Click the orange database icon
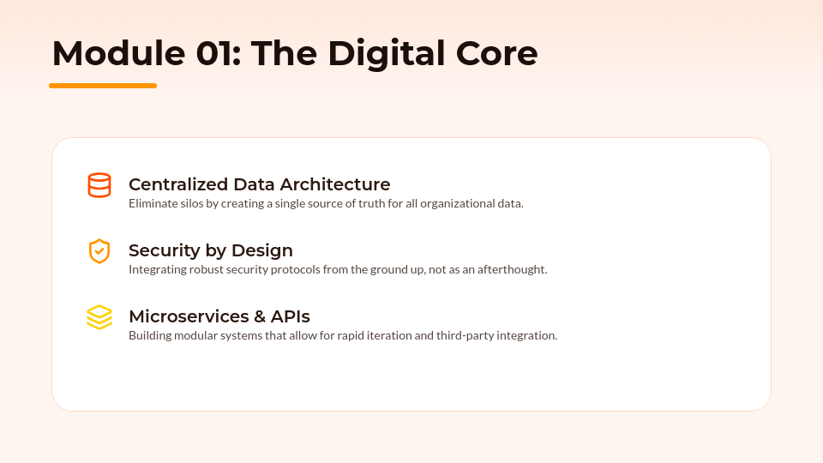(x=99, y=185)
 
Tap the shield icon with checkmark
(x=99, y=251)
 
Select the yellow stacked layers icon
(x=99, y=317)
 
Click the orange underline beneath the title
(x=103, y=86)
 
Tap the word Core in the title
(x=496, y=54)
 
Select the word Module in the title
(x=118, y=53)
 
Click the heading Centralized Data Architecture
(x=259, y=184)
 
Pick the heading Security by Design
(x=211, y=250)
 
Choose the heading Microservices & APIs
(x=219, y=316)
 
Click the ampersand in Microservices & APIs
(x=260, y=316)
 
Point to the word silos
(x=191, y=204)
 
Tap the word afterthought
(x=512, y=269)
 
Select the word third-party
(x=465, y=335)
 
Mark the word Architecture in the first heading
(x=335, y=184)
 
